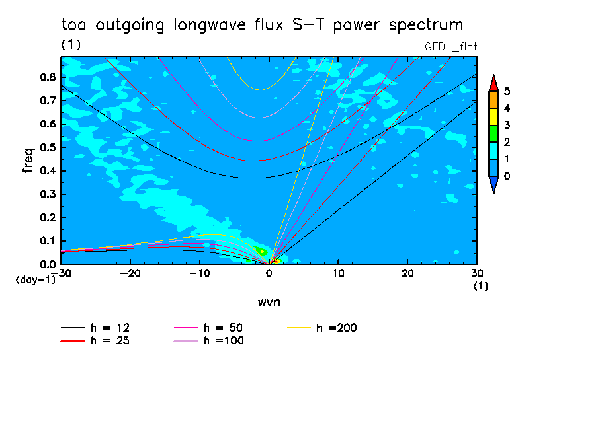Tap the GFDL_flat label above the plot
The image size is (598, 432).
pos(450,46)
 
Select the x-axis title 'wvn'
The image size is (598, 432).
pos(268,302)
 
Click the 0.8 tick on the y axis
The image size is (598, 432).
pos(46,77)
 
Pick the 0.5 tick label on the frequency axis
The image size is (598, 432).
pos(46,147)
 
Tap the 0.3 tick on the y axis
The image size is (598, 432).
pos(46,194)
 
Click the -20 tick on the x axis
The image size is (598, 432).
pos(130,273)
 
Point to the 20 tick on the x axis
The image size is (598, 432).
pos(407,273)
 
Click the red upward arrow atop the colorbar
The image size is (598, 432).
pos(493,83)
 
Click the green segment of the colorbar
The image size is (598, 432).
pos(493,133)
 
